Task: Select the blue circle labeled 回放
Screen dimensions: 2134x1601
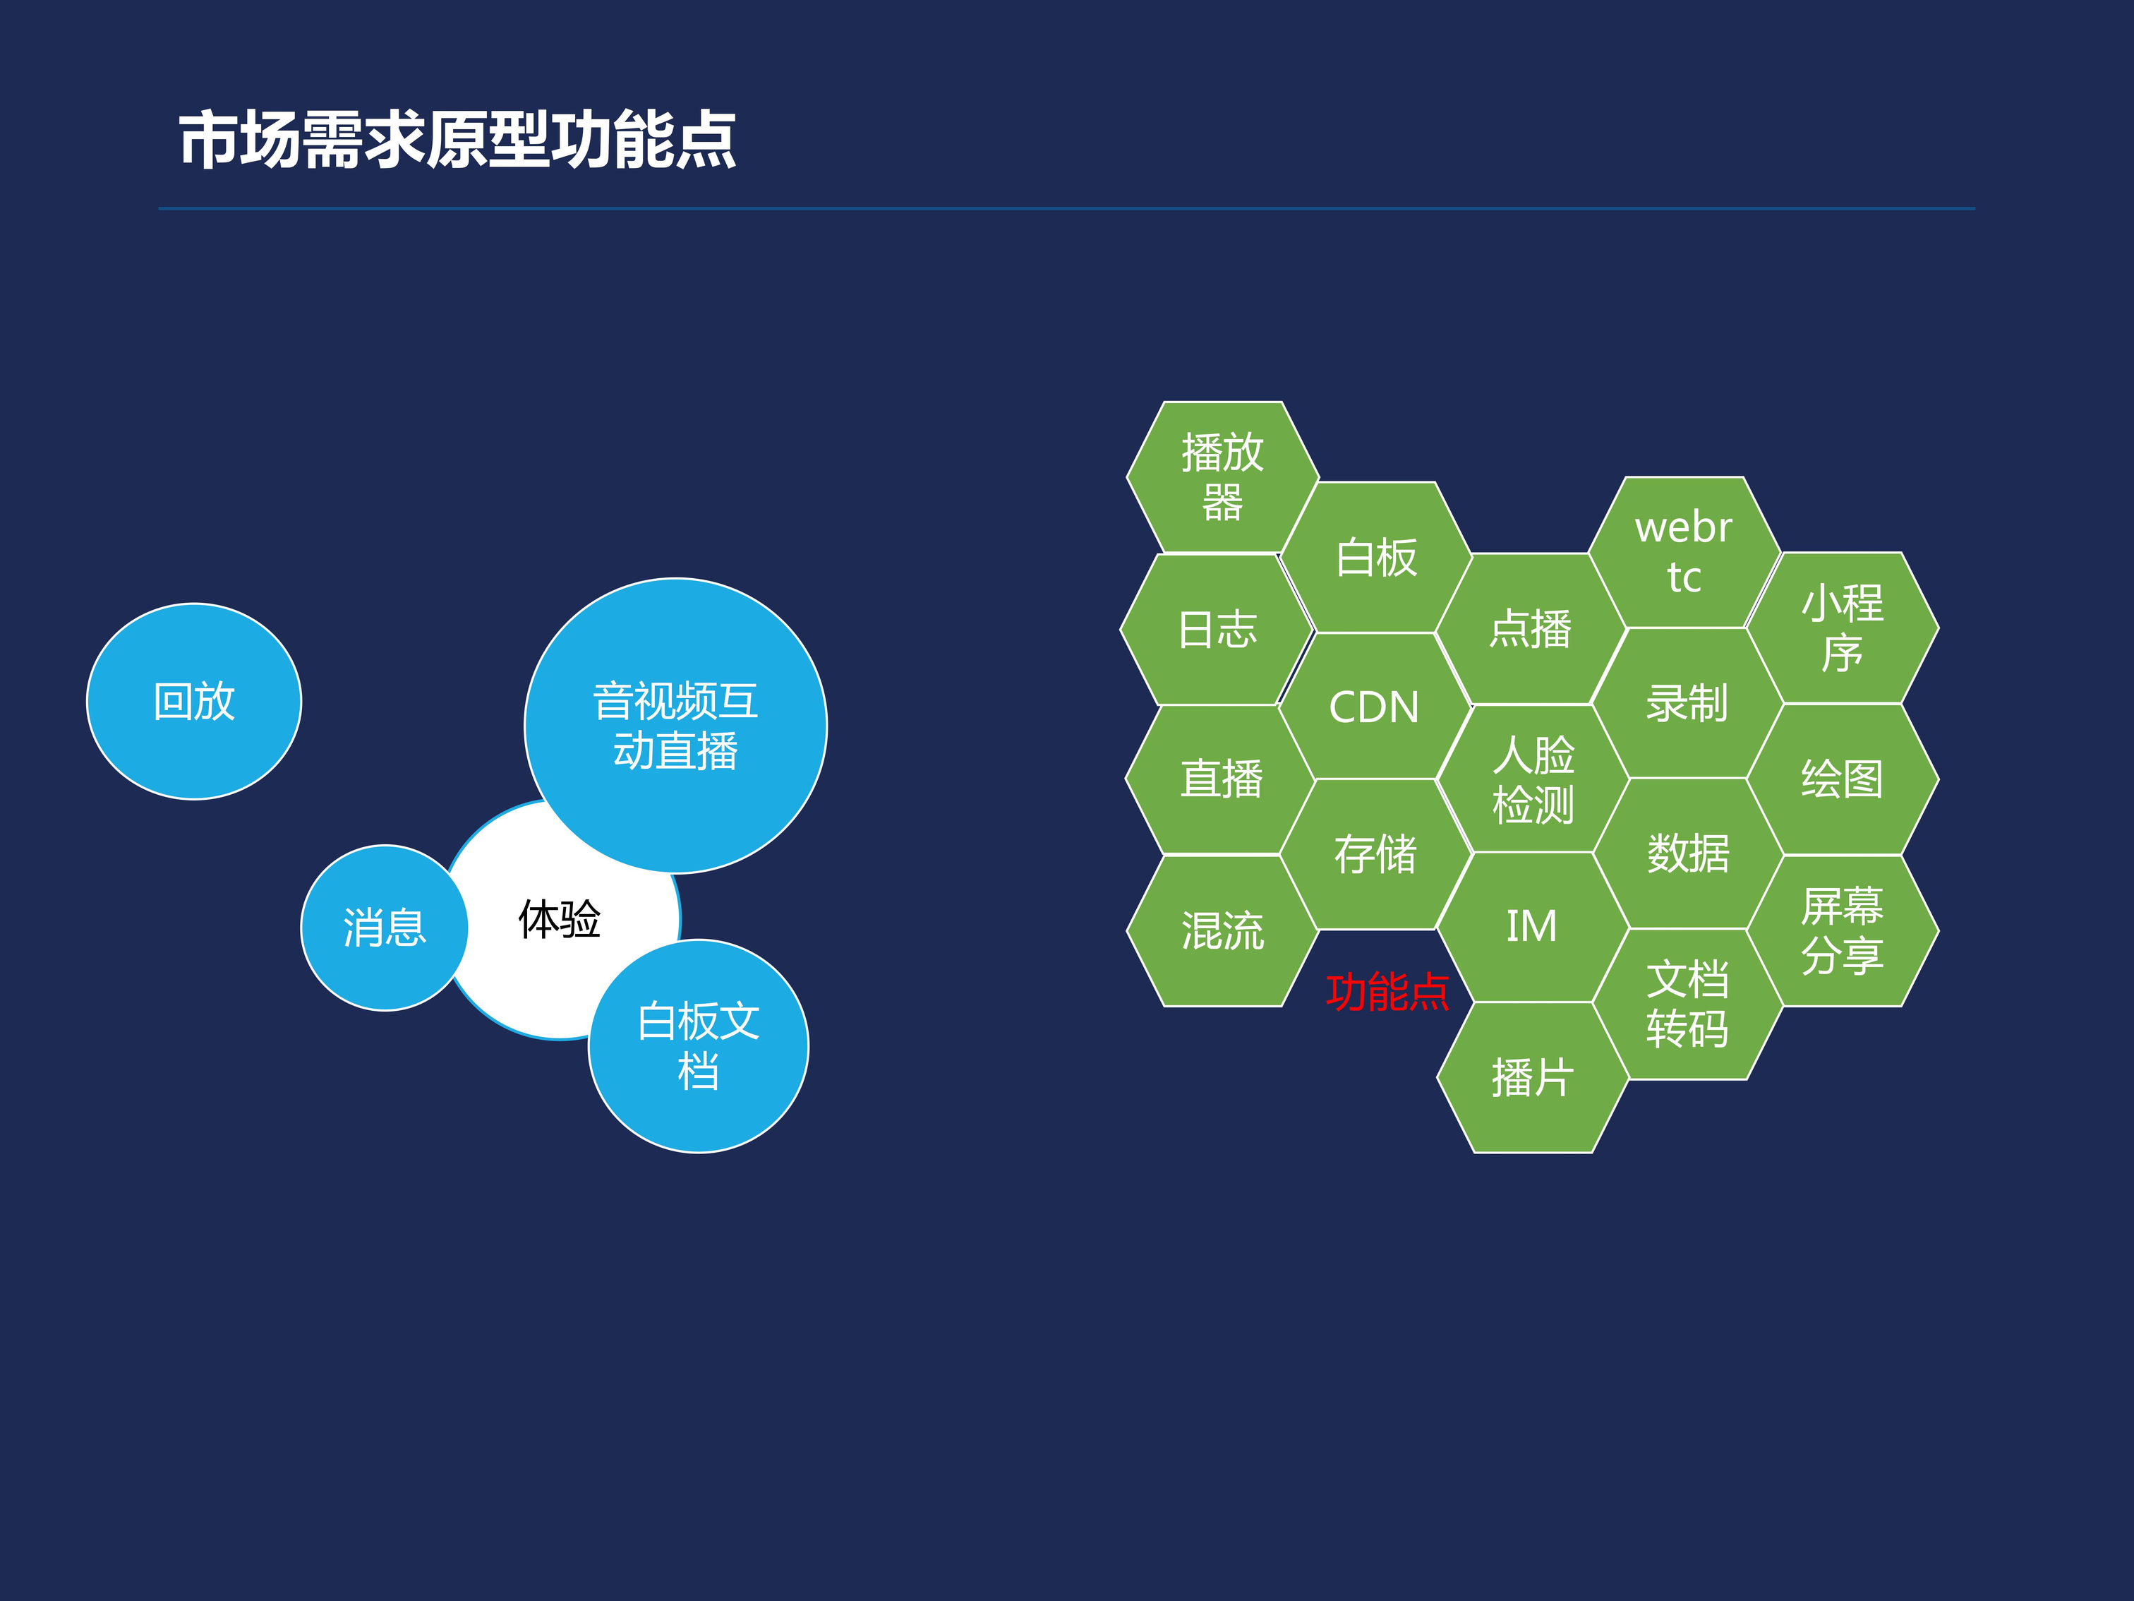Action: pyautogui.click(x=194, y=702)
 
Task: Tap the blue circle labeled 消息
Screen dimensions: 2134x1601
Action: pyautogui.click(x=385, y=928)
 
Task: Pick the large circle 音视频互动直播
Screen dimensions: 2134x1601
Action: pyautogui.click(x=675, y=726)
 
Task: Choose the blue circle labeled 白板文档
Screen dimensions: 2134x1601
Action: pyautogui.click(x=699, y=1046)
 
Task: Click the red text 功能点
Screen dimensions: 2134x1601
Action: pyautogui.click(x=1387, y=991)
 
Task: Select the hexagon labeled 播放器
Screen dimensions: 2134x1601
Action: pyautogui.click(x=1222, y=476)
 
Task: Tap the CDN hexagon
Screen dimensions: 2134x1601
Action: pyautogui.click(x=1375, y=707)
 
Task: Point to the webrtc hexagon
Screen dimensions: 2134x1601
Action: pyautogui.click(x=1684, y=552)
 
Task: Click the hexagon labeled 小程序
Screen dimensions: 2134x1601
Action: pyautogui.click(x=1843, y=628)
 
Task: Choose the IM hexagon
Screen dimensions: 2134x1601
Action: pyautogui.click(x=1532, y=926)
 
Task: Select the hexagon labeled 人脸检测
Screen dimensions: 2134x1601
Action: pyautogui.click(x=1533, y=779)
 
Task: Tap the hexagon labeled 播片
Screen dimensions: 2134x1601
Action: pyautogui.click(x=1533, y=1077)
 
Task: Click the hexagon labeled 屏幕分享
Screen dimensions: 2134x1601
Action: pyautogui.click(x=1843, y=930)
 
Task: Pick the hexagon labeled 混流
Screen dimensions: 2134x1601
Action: pyautogui.click(x=1222, y=930)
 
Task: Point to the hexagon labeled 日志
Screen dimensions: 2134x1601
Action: pyautogui.click(x=1217, y=629)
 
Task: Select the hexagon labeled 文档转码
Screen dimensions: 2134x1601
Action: pyautogui.click(x=1687, y=1004)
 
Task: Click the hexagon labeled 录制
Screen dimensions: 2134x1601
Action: pyautogui.click(x=1687, y=702)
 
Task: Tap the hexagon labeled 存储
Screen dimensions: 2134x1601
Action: pyautogui.click(x=1375, y=854)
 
